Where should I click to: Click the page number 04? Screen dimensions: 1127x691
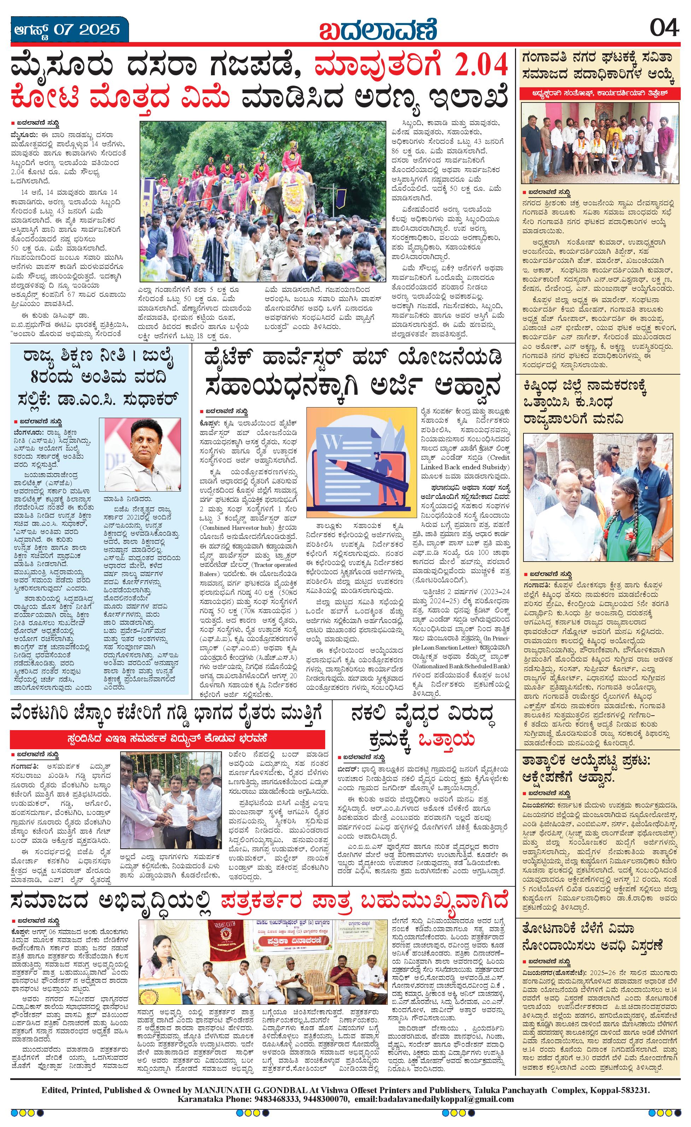(x=664, y=28)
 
